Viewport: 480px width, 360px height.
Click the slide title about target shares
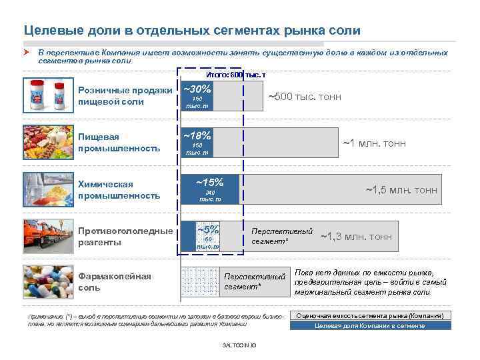pyautogui.click(x=192, y=31)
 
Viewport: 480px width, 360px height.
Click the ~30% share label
pyautogui.click(x=197, y=89)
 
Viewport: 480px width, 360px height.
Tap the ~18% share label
pyautogui.click(x=197, y=135)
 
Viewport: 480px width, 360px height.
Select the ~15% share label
pyautogui.click(x=209, y=182)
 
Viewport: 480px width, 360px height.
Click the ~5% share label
pyautogui.click(x=208, y=229)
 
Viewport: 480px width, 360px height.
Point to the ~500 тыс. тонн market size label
pyautogui.click(x=304, y=97)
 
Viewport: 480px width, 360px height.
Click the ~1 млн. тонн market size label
pyautogui.click(x=374, y=143)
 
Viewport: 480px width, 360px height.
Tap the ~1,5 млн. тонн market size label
pyautogui.click(x=401, y=190)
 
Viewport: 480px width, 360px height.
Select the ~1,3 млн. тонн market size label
pyautogui.click(x=356, y=237)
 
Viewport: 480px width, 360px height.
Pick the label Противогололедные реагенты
pyautogui.click(x=125, y=236)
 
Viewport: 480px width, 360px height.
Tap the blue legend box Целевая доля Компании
pyautogui.click(x=370, y=326)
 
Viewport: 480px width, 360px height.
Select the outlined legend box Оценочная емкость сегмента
pyautogui.click(x=370, y=315)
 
